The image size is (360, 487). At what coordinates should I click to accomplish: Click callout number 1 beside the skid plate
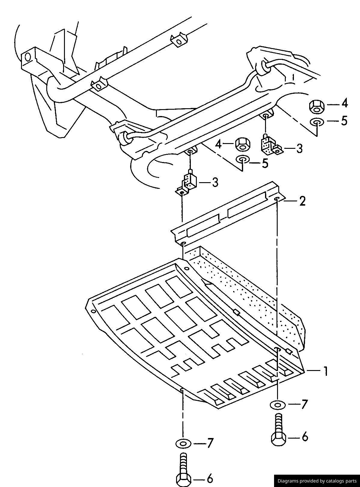[x=325, y=371]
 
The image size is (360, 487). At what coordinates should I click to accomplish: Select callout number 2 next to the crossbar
[x=302, y=201]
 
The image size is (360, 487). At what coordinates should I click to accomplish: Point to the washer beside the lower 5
[x=242, y=159]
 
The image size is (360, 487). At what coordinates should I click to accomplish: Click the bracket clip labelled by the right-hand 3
[x=272, y=145]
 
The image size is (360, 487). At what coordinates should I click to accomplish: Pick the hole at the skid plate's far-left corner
[x=93, y=311]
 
